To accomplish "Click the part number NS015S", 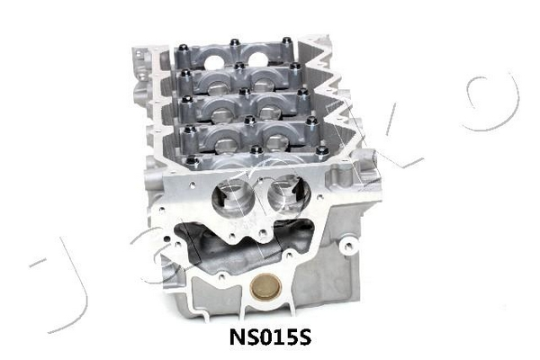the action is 270,337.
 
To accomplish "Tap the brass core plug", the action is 265,287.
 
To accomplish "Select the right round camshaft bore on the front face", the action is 289,193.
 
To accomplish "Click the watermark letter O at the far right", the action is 493,103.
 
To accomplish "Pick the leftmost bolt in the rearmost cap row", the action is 184,49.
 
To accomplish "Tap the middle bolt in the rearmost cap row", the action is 235,43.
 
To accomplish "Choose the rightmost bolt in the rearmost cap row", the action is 286,41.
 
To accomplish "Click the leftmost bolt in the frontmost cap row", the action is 192,161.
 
